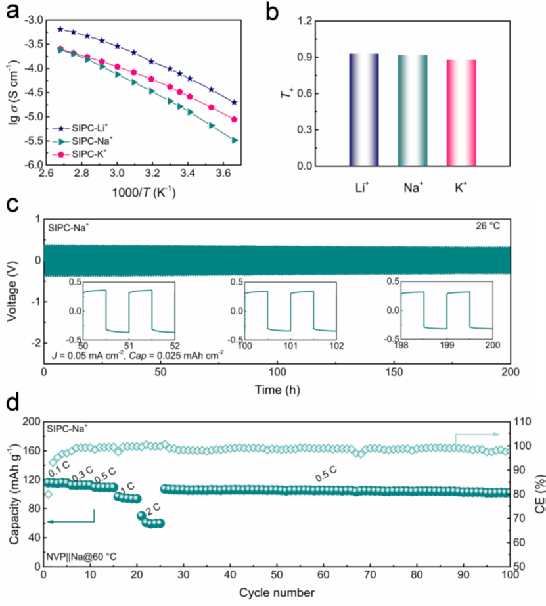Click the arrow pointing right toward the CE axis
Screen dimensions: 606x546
click(484, 434)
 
